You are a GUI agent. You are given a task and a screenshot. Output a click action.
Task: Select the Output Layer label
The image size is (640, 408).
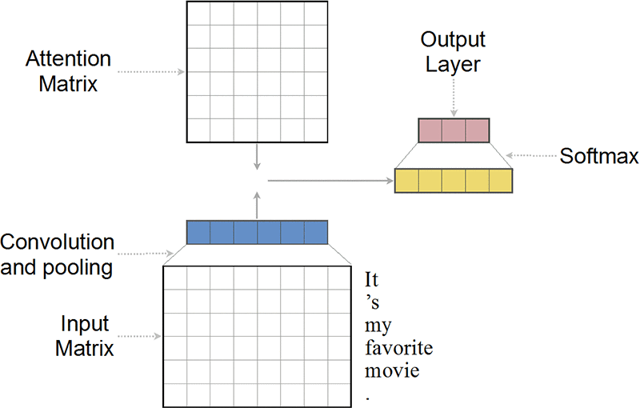click(454, 51)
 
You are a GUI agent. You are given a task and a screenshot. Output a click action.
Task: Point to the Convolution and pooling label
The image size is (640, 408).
click(58, 254)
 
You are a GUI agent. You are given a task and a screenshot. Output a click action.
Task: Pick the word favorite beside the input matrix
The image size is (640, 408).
click(398, 349)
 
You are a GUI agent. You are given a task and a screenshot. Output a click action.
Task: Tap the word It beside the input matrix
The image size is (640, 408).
click(371, 281)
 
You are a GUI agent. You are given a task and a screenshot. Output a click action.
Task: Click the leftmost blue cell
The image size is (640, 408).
click(198, 232)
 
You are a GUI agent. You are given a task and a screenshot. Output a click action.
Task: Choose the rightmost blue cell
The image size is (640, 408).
click(316, 232)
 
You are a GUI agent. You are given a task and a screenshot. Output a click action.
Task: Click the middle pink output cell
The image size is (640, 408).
click(454, 130)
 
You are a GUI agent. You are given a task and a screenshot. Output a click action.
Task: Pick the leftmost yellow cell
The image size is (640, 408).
click(407, 181)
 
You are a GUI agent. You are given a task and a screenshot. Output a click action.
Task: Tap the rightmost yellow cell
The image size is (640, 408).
click(500, 181)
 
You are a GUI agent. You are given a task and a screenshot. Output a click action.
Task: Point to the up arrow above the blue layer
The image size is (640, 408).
click(257, 205)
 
